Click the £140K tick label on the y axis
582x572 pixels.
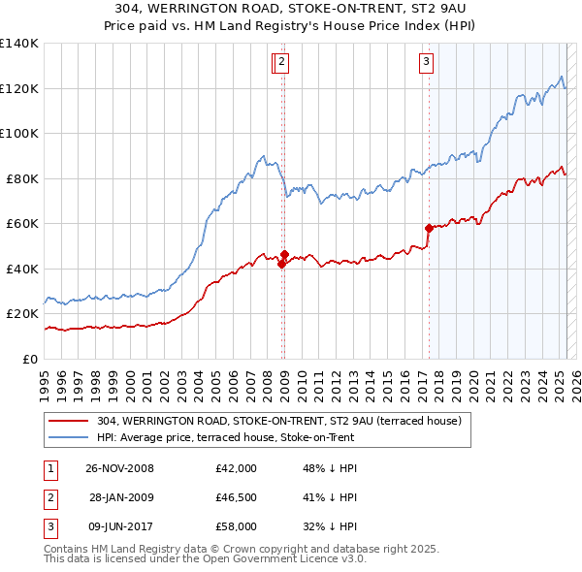click(19, 44)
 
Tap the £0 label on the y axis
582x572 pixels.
click(30, 359)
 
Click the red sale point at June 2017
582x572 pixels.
click(429, 228)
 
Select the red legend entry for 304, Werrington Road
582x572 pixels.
click(284, 421)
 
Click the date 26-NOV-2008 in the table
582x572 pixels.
click(119, 468)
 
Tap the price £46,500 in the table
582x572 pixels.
click(237, 497)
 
